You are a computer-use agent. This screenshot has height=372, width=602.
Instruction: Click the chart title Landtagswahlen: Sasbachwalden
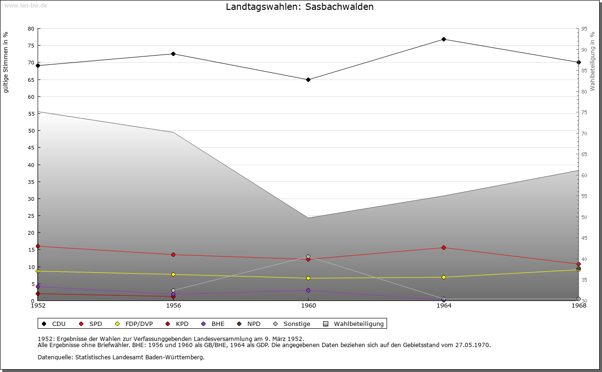tap(300, 7)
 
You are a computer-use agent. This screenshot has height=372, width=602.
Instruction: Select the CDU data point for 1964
tap(444, 39)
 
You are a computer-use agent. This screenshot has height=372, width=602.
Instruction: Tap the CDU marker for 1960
tap(308, 79)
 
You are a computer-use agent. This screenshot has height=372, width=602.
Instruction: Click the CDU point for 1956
tap(173, 54)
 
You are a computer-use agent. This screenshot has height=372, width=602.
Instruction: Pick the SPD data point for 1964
tap(444, 247)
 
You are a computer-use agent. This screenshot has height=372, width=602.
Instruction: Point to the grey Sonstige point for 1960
tap(308, 256)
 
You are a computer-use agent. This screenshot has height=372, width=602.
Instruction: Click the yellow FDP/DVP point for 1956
tap(173, 274)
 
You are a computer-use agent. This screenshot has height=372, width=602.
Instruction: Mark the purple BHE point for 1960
tap(308, 290)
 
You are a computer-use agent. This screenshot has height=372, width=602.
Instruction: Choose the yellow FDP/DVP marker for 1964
tap(444, 277)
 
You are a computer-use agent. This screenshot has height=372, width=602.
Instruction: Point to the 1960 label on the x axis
tap(308, 306)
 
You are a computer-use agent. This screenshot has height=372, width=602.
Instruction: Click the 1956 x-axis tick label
tap(173, 306)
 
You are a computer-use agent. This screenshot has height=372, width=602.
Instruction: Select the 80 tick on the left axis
tap(31, 29)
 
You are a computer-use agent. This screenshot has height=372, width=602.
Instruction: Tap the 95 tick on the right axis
tap(584, 29)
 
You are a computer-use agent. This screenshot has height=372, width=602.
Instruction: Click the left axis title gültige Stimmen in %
tap(6, 62)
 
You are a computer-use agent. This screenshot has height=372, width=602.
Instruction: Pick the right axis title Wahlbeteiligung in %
tap(593, 62)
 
